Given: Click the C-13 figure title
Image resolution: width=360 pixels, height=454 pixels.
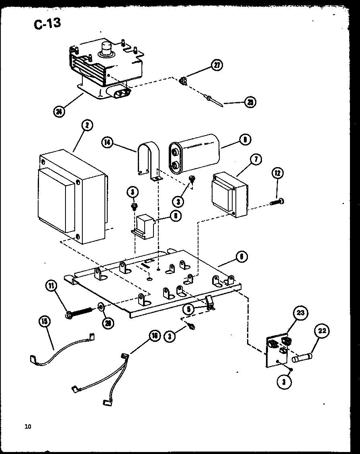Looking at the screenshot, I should [x=47, y=23].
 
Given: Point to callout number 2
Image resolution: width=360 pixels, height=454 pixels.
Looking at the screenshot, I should [x=86, y=126].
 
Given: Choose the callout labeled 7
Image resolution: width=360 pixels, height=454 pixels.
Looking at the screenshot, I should [x=255, y=160].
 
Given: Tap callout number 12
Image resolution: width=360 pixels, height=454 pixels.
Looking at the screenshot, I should [x=277, y=174].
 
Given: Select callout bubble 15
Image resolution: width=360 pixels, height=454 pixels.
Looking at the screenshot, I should [x=45, y=321].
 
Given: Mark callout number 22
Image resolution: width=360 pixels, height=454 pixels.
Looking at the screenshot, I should [x=323, y=331].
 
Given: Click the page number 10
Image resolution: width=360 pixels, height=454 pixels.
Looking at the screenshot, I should [x=27, y=426].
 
